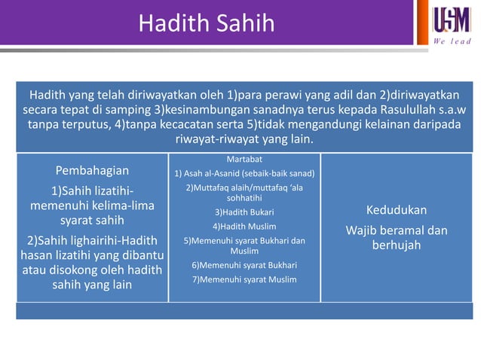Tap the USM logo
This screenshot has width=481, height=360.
pos(452,19)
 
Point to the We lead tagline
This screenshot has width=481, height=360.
pos(452,41)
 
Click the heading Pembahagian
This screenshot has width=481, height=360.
pos(92,170)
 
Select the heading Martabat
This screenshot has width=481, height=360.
pos(244,159)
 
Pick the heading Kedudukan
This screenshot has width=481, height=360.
pos(396,209)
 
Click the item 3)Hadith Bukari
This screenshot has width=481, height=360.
pos(244,212)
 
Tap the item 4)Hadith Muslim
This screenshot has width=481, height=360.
pos(244,226)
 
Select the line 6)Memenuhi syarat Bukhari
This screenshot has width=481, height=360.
pos(244,265)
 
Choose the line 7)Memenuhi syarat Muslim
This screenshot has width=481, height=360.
pos(244,279)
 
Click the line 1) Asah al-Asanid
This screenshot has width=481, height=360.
pos(244,173)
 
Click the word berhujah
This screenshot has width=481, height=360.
pos(396,246)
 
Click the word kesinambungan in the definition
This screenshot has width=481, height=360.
pos(208,110)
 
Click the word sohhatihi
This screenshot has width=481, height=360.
pos(244,197)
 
